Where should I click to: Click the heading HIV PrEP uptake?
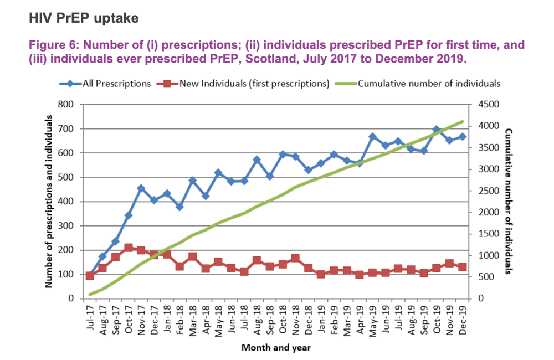coord(84,18)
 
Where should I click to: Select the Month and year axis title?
coord(275,348)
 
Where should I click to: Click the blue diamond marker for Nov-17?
coord(141,188)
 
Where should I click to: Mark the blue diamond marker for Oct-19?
coord(437,129)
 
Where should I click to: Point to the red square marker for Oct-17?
coord(129,248)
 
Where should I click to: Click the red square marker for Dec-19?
coord(462,267)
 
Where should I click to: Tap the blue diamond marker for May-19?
coord(372,137)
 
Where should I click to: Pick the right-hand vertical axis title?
coord(508,201)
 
